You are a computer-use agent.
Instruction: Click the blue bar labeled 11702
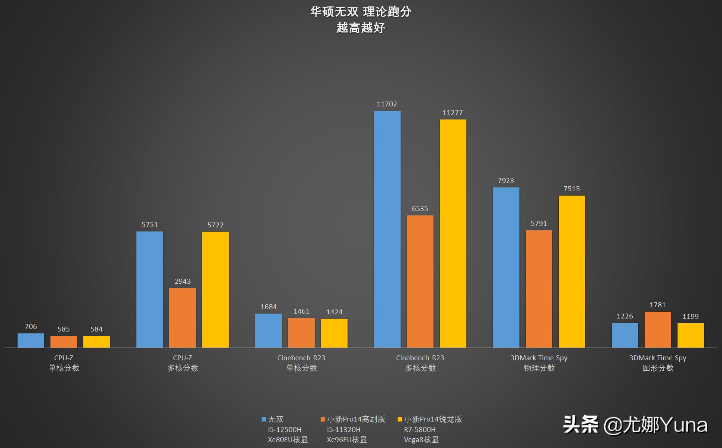(387, 229)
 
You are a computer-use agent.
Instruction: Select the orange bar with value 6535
(420, 281)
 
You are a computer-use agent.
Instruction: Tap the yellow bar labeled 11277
(453, 234)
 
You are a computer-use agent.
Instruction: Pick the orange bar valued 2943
(182, 318)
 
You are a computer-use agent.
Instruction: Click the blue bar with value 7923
(506, 267)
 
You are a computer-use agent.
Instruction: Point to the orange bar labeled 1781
(658, 330)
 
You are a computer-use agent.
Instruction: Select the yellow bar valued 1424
(334, 333)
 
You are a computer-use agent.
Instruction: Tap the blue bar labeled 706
(31, 340)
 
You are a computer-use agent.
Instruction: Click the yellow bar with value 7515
(572, 271)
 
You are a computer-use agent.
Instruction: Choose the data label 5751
(149, 225)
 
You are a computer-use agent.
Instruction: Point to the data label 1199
(690, 317)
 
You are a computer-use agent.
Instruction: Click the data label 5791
(539, 224)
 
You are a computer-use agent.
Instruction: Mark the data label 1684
(268, 307)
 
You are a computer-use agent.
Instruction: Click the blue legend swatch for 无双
(264, 419)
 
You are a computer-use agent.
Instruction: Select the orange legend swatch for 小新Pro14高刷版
(323, 419)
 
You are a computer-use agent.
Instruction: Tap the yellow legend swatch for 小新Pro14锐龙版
(400, 419)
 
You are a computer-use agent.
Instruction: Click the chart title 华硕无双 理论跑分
(361, 12)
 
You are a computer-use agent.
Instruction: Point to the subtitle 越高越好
(361, 28)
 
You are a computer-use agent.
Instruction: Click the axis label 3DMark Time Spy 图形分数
(658, 363)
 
